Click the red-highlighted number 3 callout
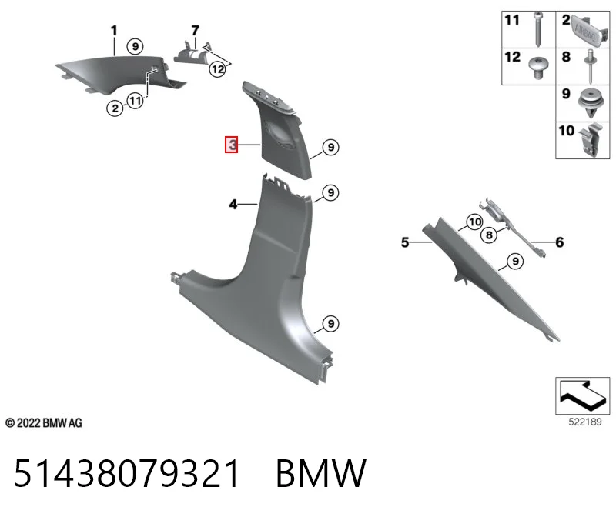tap(232, 145)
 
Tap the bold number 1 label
tap(114, 31)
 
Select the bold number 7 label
tap(196, 31)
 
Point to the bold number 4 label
tap(233, 205)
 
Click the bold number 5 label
tap(405, 242)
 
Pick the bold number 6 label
tap(560, 242)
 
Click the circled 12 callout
tap(217, 69)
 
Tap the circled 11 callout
tap(136, 101)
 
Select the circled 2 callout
tap(115, 108)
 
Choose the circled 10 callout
tap(475, 222)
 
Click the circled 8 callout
tap(489, 235)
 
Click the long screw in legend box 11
tap(537, 28)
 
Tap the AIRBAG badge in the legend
tap(586, 32)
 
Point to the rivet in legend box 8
tap(590, 66)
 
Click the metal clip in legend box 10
tap(591, 141)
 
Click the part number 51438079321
tap(126, 473)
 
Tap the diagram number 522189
tap(585, 422)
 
